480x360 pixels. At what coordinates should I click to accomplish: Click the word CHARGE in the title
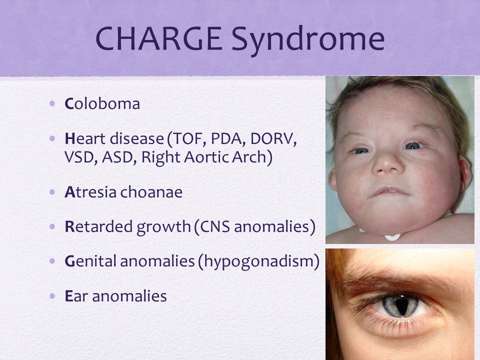[158, 38]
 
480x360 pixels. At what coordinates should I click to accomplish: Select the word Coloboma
[102, 103]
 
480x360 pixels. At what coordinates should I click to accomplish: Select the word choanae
[151, 192]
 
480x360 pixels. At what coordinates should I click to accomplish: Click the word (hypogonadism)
[259, 261]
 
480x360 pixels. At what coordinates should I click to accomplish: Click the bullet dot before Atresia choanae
[52, 192]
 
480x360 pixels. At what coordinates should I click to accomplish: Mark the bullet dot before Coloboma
[52, 104]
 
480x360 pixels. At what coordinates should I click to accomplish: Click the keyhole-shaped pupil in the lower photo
[401, 305]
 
